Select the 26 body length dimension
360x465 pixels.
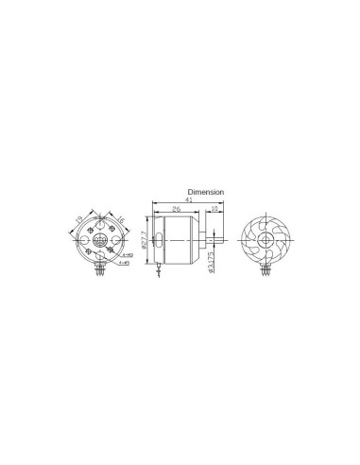pos(176,210)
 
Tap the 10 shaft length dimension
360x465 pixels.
pos(216,210)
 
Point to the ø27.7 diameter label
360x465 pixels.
pos(144,238)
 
